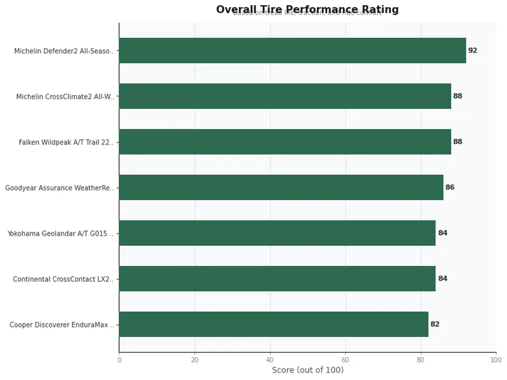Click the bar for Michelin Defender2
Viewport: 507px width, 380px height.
tap(292, 51)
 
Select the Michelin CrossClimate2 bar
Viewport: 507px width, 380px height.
tap(285, 96)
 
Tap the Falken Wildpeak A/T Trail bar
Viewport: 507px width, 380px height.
tap(285, 142)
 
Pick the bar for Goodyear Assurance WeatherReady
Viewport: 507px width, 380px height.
tap(281, 187)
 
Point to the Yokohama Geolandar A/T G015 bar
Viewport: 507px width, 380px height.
tap(277, 233)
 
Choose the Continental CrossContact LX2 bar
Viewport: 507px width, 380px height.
tap(277, 279)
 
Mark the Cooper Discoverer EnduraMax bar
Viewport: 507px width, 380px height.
tap(273, 324)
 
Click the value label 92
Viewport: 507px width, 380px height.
tap(473, 51)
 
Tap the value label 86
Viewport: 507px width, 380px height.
tap(450, 187)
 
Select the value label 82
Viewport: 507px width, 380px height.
tap(435, 324)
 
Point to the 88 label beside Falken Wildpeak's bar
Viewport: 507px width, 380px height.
tap(458, 142)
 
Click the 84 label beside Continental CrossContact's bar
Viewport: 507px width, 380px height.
tap(442, 279)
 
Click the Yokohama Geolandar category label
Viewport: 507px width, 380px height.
tap(61, 233)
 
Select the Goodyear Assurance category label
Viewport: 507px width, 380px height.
tap(60, 187)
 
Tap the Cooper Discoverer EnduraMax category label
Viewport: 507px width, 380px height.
tap(62, 324)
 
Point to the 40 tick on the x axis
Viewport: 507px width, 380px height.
tap(270, 360)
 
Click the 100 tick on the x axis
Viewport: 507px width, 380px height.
tap(496, 360)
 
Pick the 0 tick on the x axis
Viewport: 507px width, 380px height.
tap(119, 360)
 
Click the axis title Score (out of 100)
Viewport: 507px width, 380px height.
tap(307, 370)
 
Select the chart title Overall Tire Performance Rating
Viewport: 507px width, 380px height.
tap(307, 9)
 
